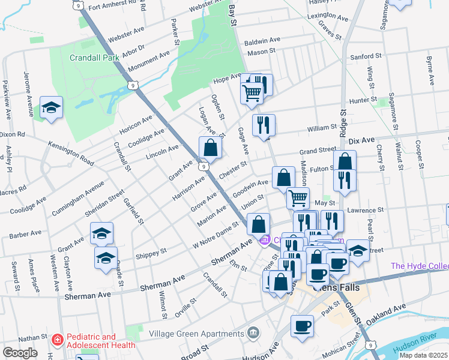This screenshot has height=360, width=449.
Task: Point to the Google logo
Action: click(x=20, y=353)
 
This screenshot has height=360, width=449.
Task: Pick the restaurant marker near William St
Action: click(x=264, y=125)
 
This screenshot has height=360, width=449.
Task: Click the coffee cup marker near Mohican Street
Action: click(x=302, y=326)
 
